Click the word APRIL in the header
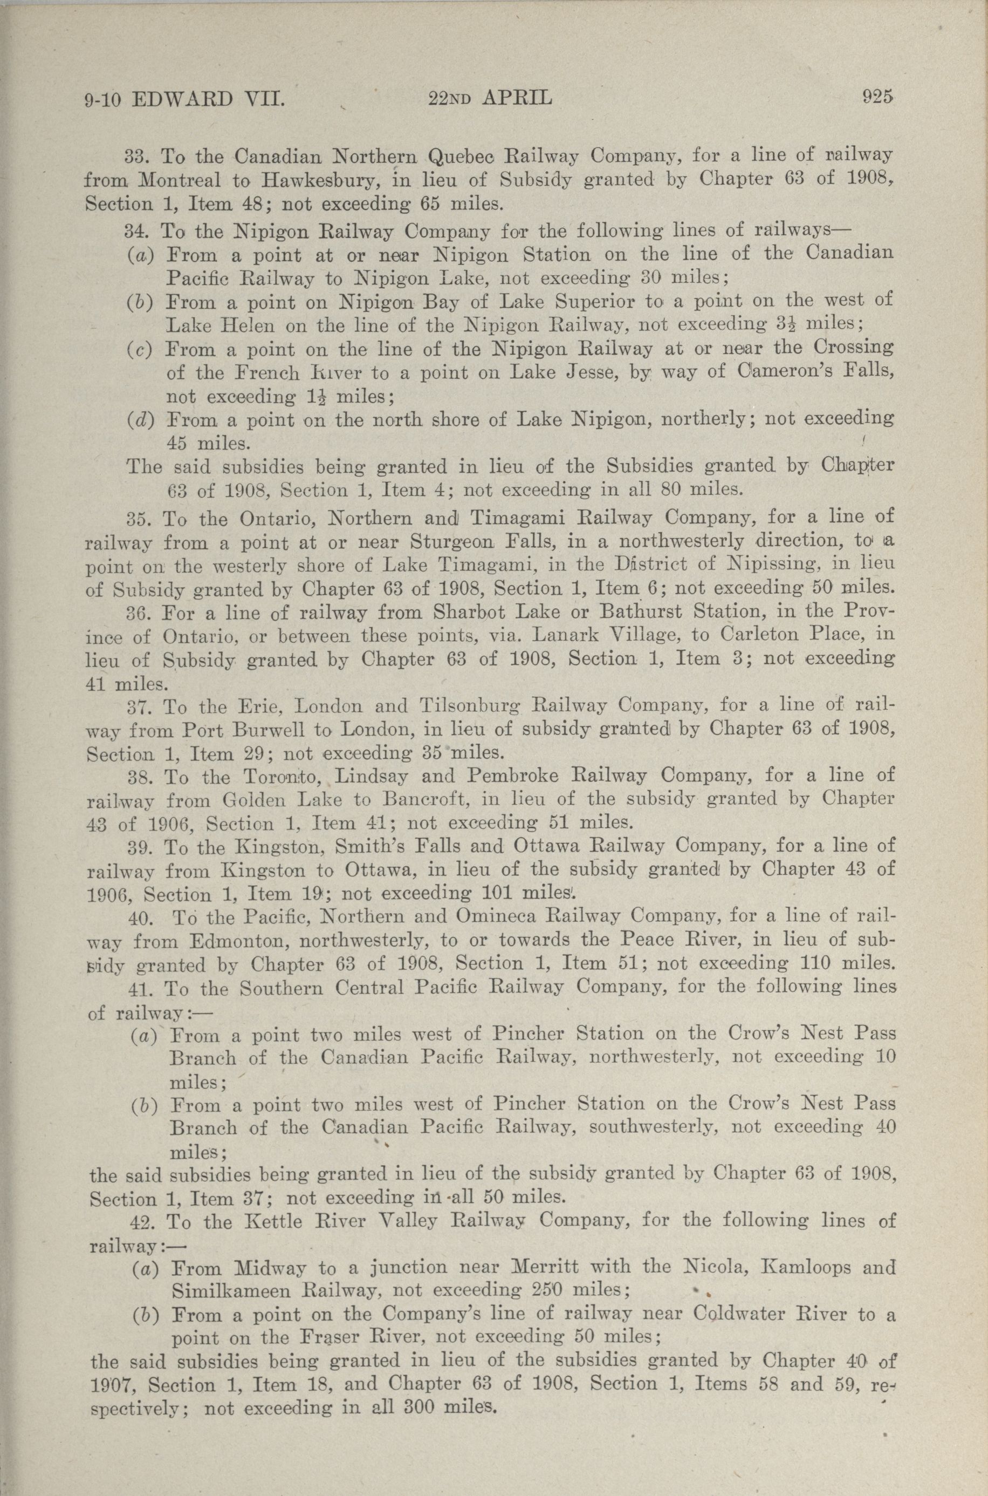(x=517, y=98)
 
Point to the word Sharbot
(x=471, y=611)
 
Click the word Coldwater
(x=738, y=1315)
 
